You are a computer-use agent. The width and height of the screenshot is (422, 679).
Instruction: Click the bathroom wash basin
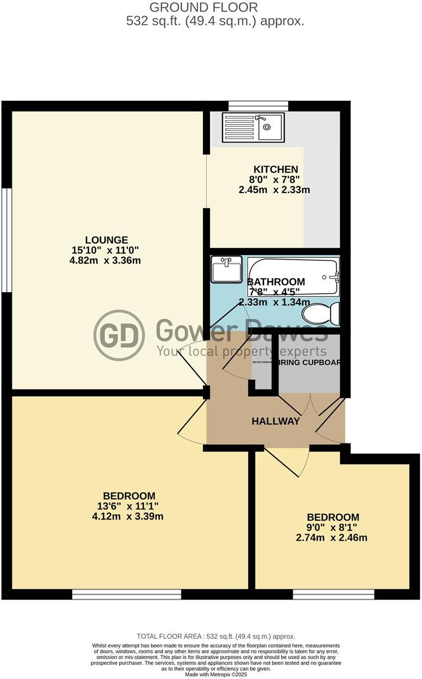(227, 270)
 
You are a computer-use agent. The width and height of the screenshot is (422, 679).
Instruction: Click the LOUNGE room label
(107, 240)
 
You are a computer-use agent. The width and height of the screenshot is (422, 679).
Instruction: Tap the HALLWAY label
(276, 421)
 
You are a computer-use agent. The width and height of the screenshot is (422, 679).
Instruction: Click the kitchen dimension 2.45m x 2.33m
(274, 190)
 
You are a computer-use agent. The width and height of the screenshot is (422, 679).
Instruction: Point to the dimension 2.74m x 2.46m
(332, 538)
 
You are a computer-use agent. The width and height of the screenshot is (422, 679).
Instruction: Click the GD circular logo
(119, 335)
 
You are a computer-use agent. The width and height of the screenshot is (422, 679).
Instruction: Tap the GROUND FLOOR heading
(204, 8)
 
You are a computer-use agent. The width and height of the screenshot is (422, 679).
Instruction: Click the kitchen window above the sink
(258, 106)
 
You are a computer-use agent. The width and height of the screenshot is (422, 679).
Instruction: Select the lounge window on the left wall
(6, 240)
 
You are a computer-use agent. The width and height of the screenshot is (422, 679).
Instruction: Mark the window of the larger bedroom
(127, 595)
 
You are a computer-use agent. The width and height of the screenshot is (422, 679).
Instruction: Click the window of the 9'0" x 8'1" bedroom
(333, 595)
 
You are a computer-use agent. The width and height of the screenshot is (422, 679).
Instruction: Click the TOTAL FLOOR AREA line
(216, 636)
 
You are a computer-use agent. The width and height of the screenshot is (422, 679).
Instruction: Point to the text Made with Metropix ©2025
(216, 674)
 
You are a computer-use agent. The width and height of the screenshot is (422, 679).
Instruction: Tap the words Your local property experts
(241, 351)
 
